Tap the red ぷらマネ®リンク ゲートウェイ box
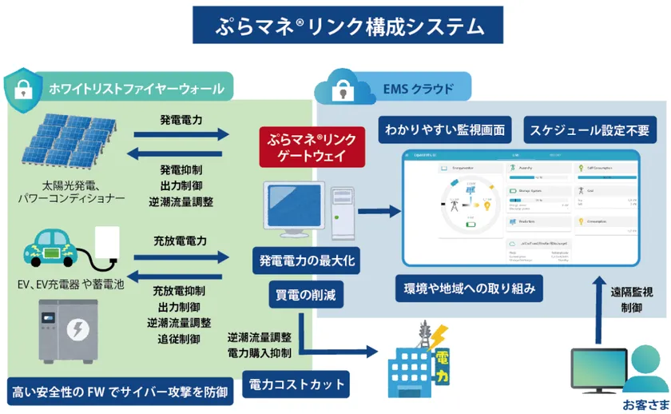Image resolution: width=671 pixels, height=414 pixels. tap(311, 146)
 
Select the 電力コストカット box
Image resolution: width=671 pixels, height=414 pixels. tap(296, 384)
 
